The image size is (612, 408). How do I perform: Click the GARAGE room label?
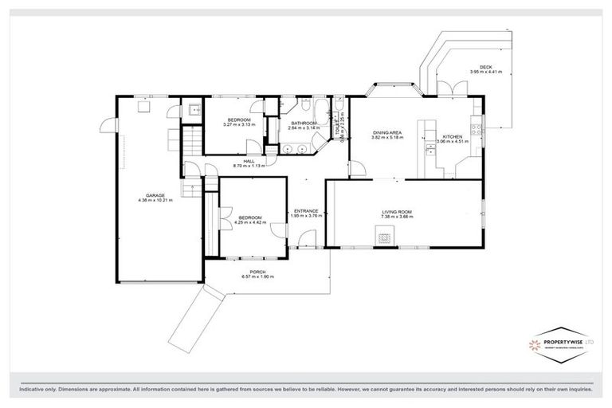click(x=155, y=194)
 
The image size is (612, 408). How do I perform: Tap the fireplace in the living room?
click(x=385, y=237)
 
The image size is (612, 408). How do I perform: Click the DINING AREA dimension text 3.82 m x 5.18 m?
click(x=387, y=138)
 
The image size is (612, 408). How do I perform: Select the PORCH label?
click(x=257, y=272)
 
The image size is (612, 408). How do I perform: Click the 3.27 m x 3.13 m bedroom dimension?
click(x=237, y=124)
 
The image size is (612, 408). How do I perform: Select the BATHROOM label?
click(x=304, y=123)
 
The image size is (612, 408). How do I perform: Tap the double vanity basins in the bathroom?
click(x=294, y=149)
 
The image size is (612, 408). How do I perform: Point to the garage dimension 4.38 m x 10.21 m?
click(x=155, y=200)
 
